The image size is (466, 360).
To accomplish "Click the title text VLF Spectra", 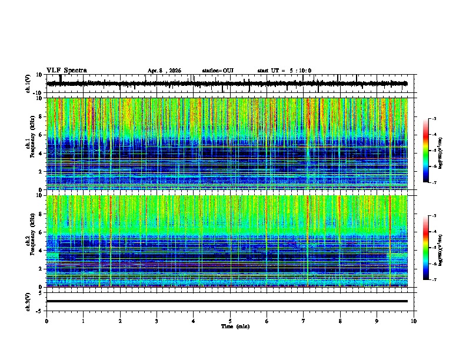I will point(66,71).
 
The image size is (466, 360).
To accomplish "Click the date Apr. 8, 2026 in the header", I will point(164,71).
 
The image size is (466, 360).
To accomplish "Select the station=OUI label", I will point(218,71).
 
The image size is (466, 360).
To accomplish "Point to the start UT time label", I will point(284,71).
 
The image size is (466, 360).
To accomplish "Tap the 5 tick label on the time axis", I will point(230,321).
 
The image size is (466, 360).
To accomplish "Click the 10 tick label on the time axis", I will point(414,321).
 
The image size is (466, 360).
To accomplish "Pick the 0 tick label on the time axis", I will point(46,321).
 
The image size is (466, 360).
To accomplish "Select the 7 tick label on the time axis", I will point(304,321).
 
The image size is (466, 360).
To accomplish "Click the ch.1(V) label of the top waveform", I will point(29,84).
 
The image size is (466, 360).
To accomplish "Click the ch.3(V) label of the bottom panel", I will point(29,301).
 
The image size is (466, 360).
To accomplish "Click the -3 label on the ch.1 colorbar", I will point(435,119).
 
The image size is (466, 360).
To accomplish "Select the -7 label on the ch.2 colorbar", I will point(435,280).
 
